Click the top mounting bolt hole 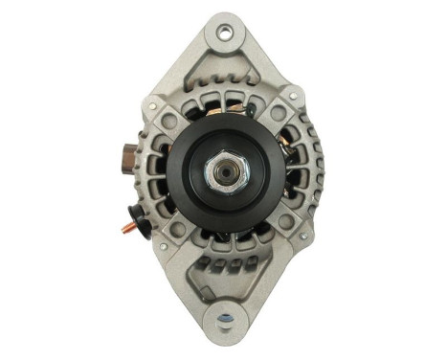point(224,33)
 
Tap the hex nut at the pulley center point(228,172)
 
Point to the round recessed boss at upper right point(279,113)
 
